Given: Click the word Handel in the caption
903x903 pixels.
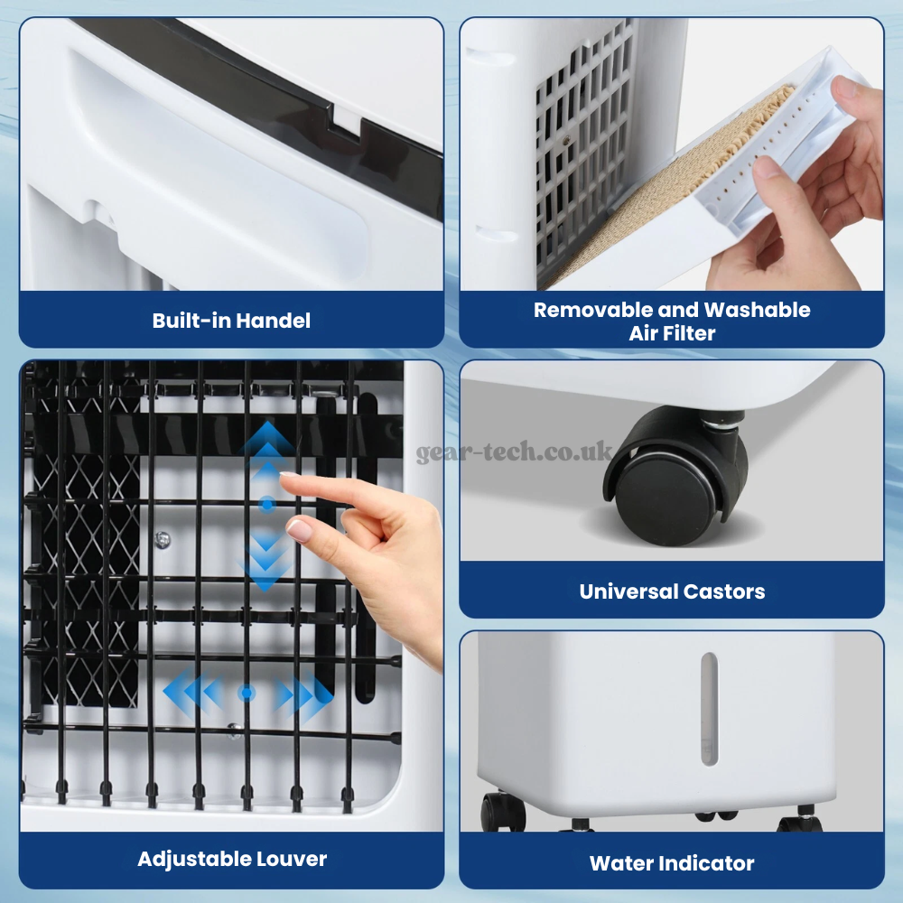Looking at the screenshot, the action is [x=273, y=321].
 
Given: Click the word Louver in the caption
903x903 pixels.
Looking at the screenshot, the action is [x=292, y=859].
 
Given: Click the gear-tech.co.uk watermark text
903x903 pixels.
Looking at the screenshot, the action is [x=515, y=451].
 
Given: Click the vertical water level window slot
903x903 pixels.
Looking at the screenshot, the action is [x=710, y=709].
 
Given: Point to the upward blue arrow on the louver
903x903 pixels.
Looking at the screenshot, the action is [x=266, y=449].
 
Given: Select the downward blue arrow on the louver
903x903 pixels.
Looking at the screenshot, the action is [x=266, y=560].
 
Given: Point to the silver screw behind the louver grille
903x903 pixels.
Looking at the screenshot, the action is [x=163, y=540].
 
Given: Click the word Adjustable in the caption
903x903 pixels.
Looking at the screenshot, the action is [x=195, y=860].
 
